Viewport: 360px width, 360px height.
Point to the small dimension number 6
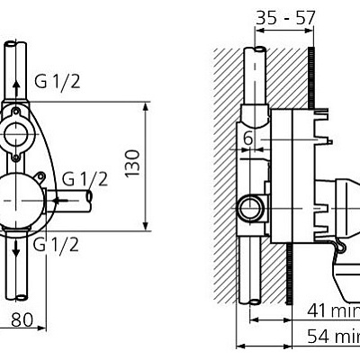(x=247, y=137)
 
